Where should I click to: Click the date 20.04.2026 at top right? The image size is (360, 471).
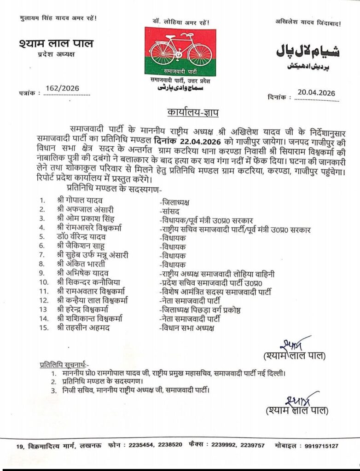[316, 92]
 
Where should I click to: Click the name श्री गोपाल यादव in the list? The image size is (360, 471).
[81, 201]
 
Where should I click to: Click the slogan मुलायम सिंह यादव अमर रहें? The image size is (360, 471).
[54, 18]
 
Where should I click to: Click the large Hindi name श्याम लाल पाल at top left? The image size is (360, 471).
[56, 44]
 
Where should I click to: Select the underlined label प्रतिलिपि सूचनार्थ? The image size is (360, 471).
[64, 364]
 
